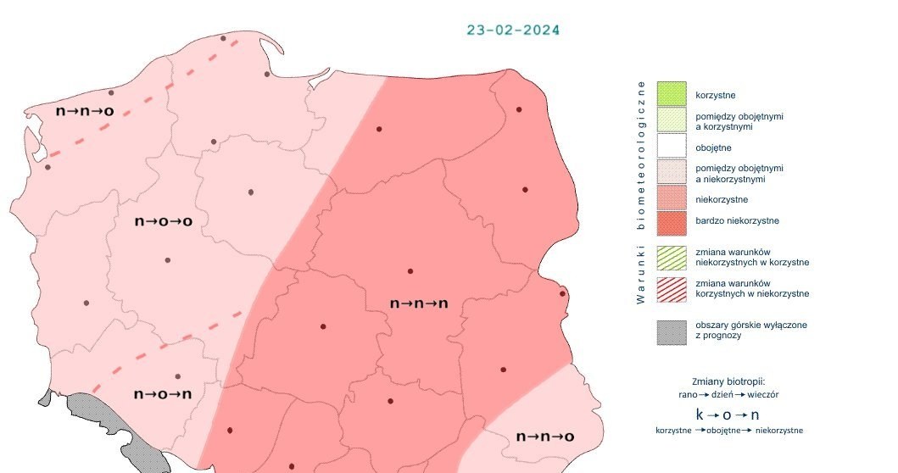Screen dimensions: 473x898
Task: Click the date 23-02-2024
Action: pos(513,30)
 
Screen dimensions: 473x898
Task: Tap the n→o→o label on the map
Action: pos(163,221)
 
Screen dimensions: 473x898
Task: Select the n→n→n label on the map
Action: pos(418,303)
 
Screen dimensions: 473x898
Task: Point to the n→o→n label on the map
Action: pos(163,393)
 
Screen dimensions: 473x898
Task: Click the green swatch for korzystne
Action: pos(671,94)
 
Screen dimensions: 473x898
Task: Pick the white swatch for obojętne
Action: pos(671,147)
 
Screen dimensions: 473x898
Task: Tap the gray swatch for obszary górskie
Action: pos(671,331)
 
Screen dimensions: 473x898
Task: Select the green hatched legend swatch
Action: pos(671,257)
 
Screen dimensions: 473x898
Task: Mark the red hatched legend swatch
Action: pos(671,288)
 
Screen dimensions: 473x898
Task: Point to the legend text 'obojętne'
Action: pos(713,147)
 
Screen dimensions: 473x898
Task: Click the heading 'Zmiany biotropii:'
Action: pos(729,381)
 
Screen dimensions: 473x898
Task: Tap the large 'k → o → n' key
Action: pos(728,415)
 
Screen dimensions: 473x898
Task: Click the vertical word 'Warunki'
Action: pos(642,275)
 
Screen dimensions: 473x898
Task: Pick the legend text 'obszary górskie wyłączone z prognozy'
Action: pos(739,331)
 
